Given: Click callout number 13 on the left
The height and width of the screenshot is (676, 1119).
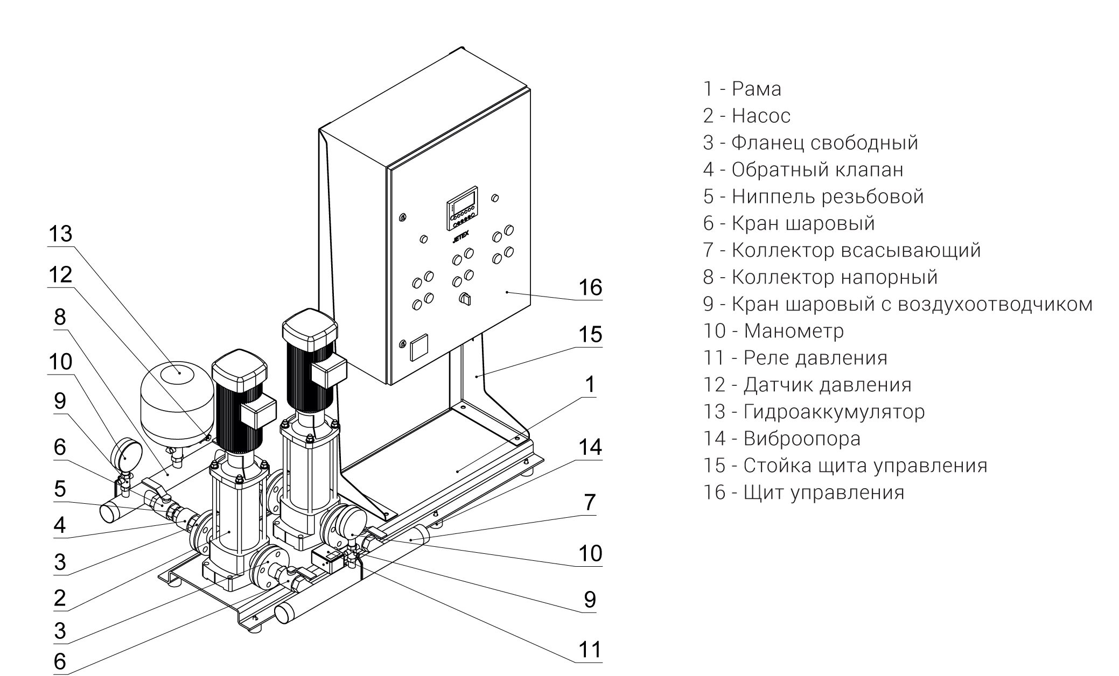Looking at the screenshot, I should (x=60, y=235).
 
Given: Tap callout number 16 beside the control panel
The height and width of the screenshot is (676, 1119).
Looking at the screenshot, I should (x=590, y=287).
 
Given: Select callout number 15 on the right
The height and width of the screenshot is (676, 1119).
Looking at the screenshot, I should (x=590, y=334).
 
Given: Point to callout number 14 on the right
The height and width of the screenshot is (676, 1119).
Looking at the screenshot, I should (x=590, y=447).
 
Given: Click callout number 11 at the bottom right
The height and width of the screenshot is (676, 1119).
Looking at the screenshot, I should (x=590, y=650).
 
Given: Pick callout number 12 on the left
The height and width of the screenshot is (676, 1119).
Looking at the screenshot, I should (x=60, y=275).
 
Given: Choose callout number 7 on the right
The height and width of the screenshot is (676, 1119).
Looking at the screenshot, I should (x=590, y=502).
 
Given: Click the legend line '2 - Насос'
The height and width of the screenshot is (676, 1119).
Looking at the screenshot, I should (x=746, y=116).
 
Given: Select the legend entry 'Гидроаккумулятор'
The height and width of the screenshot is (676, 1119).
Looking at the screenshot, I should (x=834, y=412).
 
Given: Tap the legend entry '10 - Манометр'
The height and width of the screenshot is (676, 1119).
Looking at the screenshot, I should (x=773, y=331).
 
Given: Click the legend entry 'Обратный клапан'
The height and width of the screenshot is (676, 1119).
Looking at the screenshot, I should (x=817, y=170).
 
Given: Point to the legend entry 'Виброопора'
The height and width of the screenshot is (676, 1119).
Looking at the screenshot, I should (x=802, y=439).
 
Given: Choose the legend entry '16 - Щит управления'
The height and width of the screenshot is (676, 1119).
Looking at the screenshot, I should (x=803, y=492).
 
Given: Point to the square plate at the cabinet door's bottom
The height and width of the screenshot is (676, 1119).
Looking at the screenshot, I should (x=420, y=347).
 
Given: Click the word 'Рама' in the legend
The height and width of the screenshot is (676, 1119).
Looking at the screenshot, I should (x=756, y=89).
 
